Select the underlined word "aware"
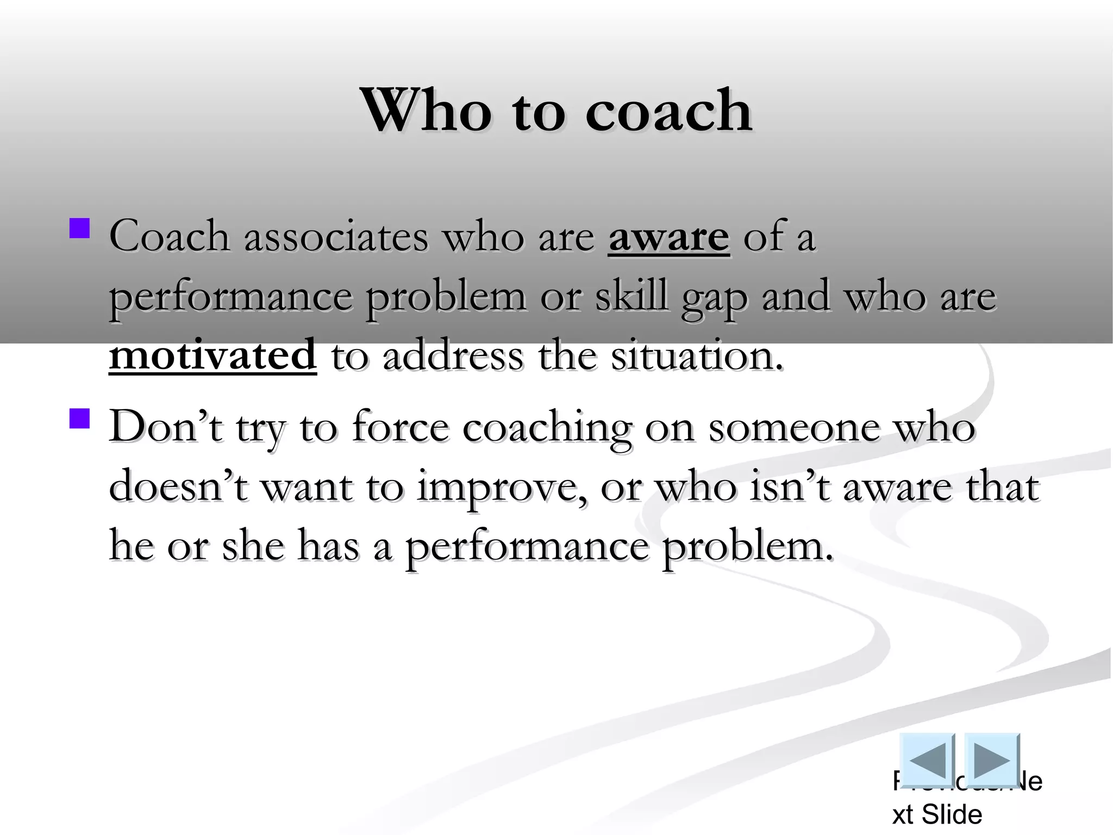(x=668, y=238)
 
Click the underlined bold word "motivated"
(x=212, y=355)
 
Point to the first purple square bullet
(x=80, y=228)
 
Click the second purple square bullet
(x=80, y=419)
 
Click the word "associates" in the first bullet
(x=336, y=238)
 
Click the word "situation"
(x=697, y=355)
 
